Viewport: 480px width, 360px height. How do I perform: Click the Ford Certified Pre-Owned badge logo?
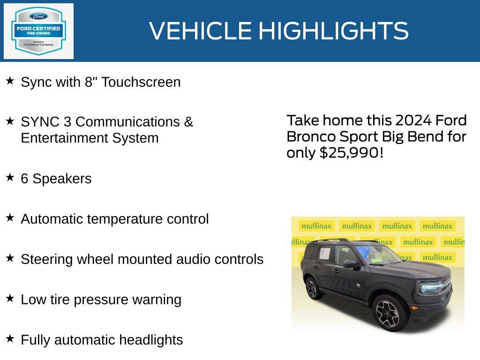[x=38, y=31]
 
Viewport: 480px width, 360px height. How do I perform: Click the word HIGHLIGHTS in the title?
[x=333, y=31]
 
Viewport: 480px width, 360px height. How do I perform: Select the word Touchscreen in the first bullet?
[x=141, y=82]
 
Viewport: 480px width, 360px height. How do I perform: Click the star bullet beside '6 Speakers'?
[x=10, y=178]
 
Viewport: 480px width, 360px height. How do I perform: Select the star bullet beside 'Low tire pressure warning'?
[x=10, y=298]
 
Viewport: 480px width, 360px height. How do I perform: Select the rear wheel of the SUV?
[x=313, y=288]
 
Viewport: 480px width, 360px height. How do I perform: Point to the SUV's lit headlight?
[x=430, y=287]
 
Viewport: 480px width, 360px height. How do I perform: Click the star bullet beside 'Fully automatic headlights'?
[x=10, y=338]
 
